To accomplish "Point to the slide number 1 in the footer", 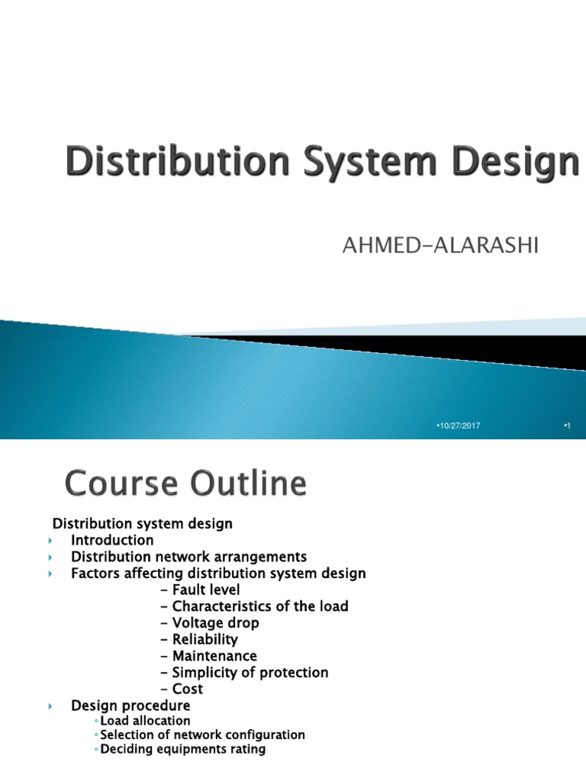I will tap(567, 425).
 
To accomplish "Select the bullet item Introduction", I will tap(112, 540).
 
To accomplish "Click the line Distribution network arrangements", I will tap(188, 557).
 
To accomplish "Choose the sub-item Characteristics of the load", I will tap(255, 606).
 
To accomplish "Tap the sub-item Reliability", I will tap(200, 640).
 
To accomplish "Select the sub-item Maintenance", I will tap(209, 656).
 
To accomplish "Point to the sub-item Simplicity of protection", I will tap(245, 673).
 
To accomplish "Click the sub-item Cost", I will tap(182, 689).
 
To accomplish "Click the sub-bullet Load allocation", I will tap(145, 721).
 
